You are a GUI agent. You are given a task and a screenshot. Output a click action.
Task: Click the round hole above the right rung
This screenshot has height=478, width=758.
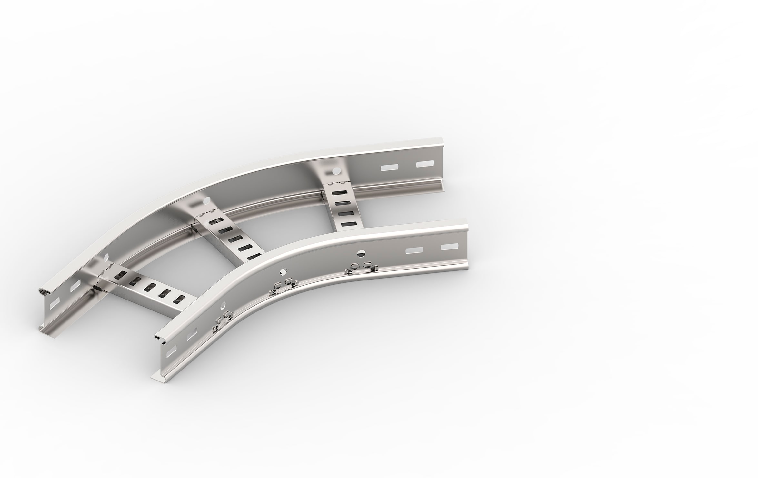pyautogui.click(x=336, y=169)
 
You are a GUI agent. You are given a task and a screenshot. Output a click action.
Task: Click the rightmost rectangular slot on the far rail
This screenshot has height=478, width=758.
pyautogui.click(x=425, y=164)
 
